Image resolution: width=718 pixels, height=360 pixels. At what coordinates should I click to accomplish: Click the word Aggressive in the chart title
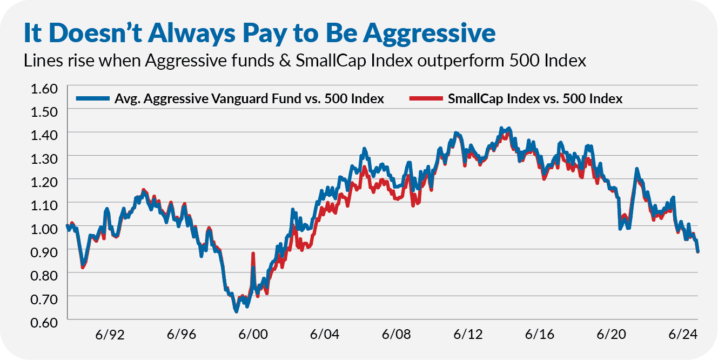point(429,34)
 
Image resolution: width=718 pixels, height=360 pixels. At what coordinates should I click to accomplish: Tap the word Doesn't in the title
point(96,32)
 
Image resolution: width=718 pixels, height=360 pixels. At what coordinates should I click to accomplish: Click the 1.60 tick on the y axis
point(44,89)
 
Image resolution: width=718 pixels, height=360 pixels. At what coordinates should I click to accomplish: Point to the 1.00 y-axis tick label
point(44,229)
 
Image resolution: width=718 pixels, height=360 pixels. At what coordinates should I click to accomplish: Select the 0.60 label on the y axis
point(44,323)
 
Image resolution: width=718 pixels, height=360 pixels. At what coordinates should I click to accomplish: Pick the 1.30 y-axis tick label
point(44,159)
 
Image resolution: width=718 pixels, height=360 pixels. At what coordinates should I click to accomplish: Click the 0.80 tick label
point(44,276)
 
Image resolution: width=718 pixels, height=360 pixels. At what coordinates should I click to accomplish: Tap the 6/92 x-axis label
point(110,335)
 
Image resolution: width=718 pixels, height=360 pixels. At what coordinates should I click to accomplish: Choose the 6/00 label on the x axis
point(253,335)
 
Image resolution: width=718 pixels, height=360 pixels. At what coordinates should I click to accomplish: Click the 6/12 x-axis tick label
point(468,335)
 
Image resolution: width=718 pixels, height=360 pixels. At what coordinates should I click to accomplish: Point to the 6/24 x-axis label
point(683,335)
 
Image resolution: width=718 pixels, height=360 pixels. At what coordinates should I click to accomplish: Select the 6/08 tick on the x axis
point(396,335)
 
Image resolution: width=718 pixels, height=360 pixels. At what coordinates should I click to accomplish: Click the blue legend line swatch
point(93,98)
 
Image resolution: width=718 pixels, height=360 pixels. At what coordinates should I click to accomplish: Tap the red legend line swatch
point(426,98)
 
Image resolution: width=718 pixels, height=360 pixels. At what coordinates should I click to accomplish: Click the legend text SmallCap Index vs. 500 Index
point(535,99)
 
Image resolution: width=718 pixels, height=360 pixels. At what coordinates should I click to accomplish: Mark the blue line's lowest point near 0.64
point(236,311)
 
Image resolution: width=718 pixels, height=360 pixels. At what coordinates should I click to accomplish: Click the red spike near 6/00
point(253,254)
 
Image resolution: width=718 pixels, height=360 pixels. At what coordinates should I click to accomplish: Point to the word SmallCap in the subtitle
point(331,61)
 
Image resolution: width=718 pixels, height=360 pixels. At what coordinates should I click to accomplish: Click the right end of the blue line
point(697,252)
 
